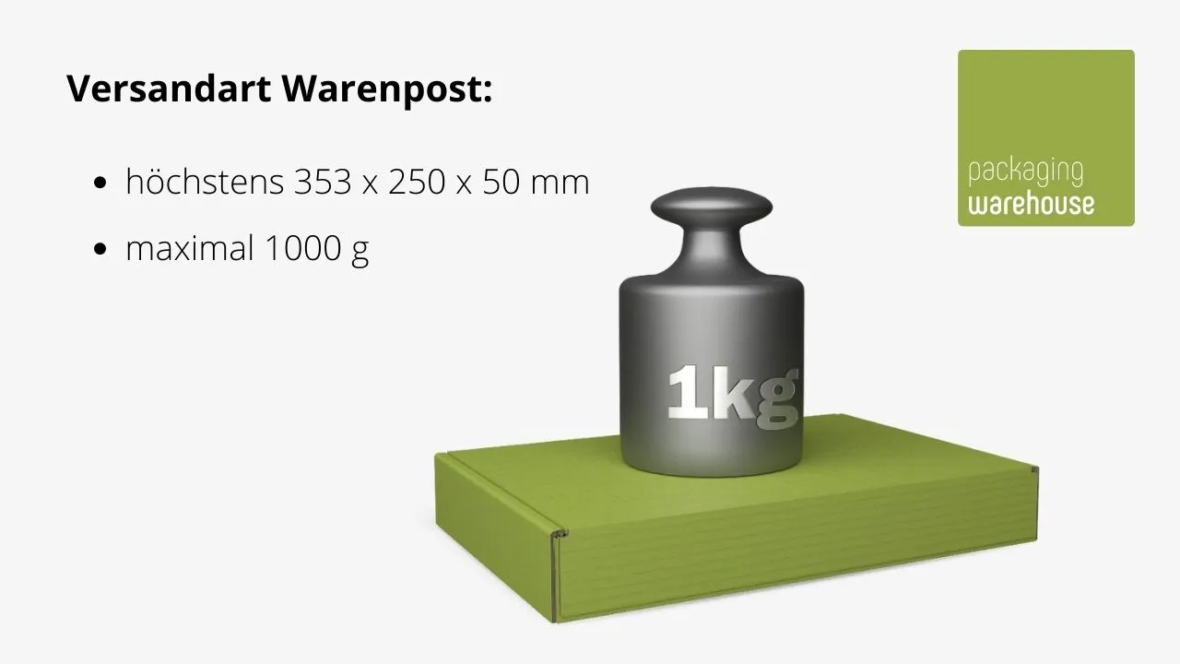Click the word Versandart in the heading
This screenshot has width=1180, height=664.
[169, 88]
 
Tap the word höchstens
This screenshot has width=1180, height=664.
[205, 182]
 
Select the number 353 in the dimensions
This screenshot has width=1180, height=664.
[323, 182]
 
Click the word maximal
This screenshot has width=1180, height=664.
[190, 248]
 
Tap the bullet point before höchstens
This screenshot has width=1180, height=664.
[100, 183]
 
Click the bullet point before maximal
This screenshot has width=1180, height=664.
[100, 249]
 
